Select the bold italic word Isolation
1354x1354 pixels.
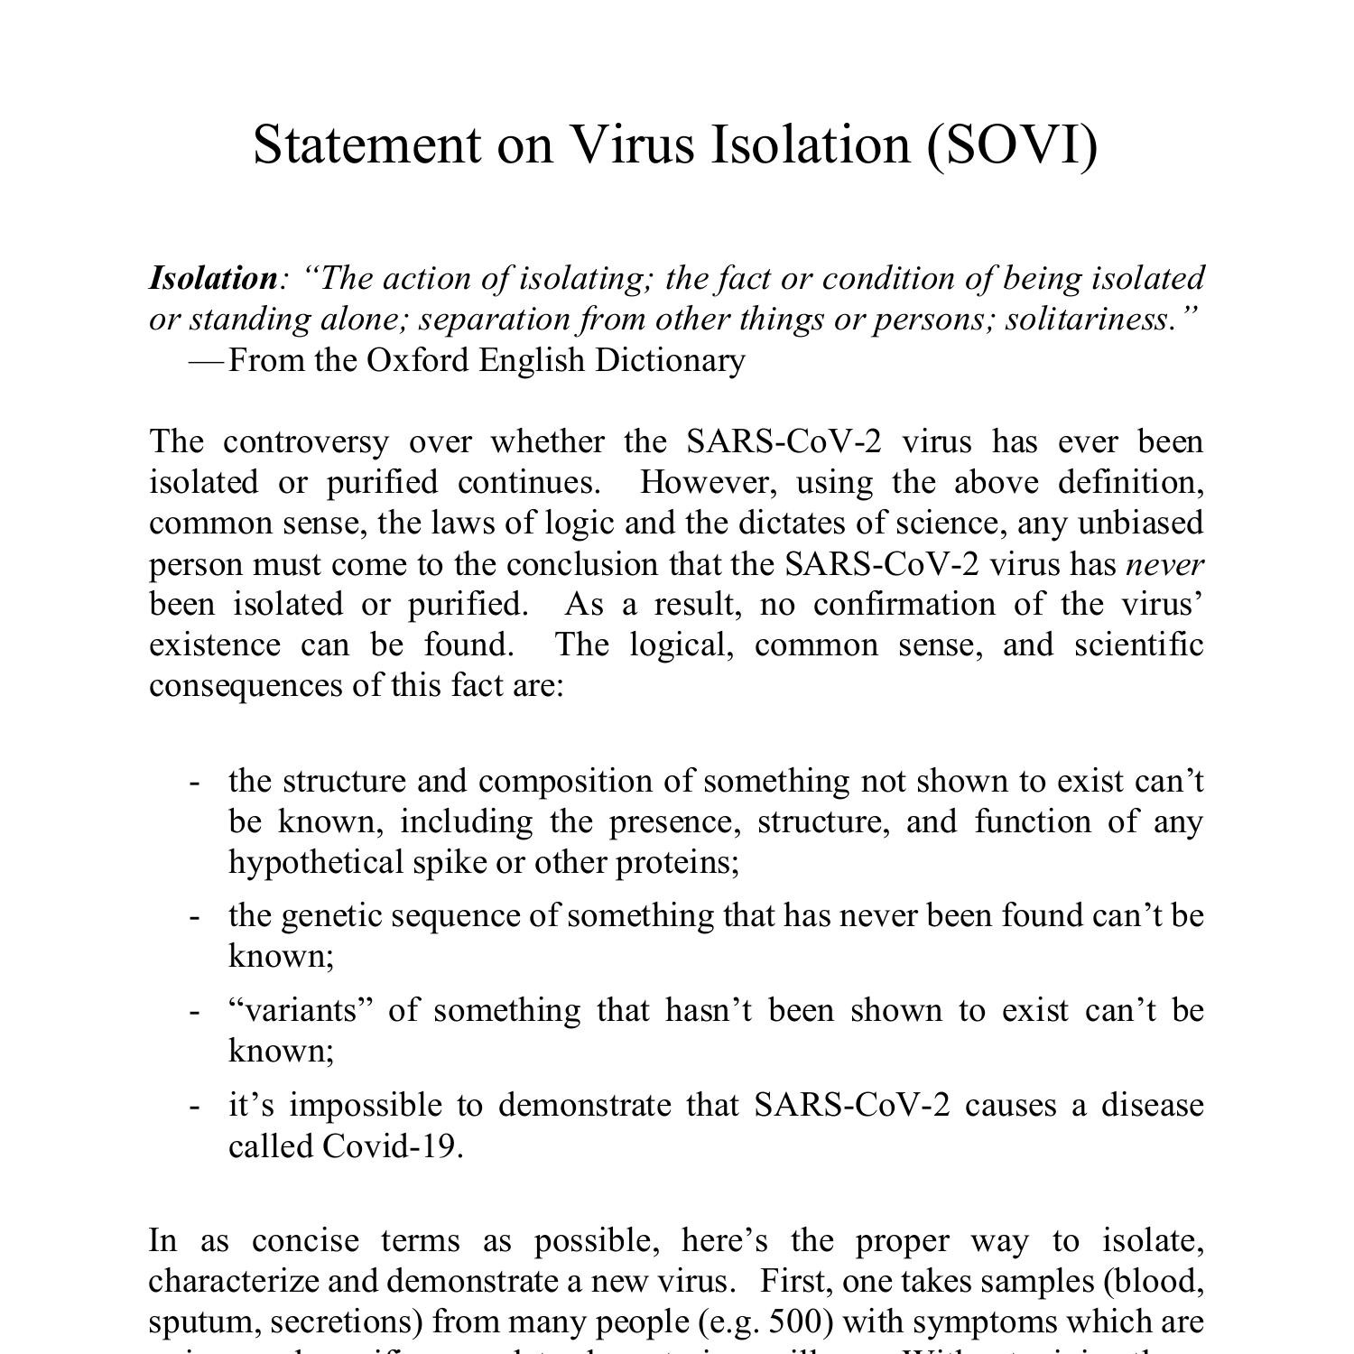(213, 278)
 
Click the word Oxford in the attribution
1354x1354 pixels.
(418, 360)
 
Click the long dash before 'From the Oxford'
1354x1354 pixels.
(207, 361)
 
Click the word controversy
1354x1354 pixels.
(306, 441)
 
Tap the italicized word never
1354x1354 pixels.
(1164, 564)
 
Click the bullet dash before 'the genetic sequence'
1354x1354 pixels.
(194, 916)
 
